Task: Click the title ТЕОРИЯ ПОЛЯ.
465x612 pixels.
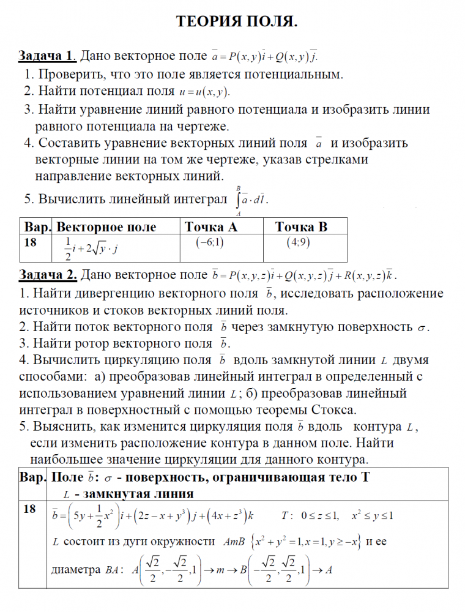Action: (237, 23)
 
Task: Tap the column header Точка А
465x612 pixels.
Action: (211, 227)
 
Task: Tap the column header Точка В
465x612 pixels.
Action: (301, 227)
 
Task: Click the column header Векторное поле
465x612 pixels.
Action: (106, 227)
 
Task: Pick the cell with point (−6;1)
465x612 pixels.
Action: (210, 242)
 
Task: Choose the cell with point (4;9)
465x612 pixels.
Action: (299, 242)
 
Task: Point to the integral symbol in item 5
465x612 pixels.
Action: (237, 200)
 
